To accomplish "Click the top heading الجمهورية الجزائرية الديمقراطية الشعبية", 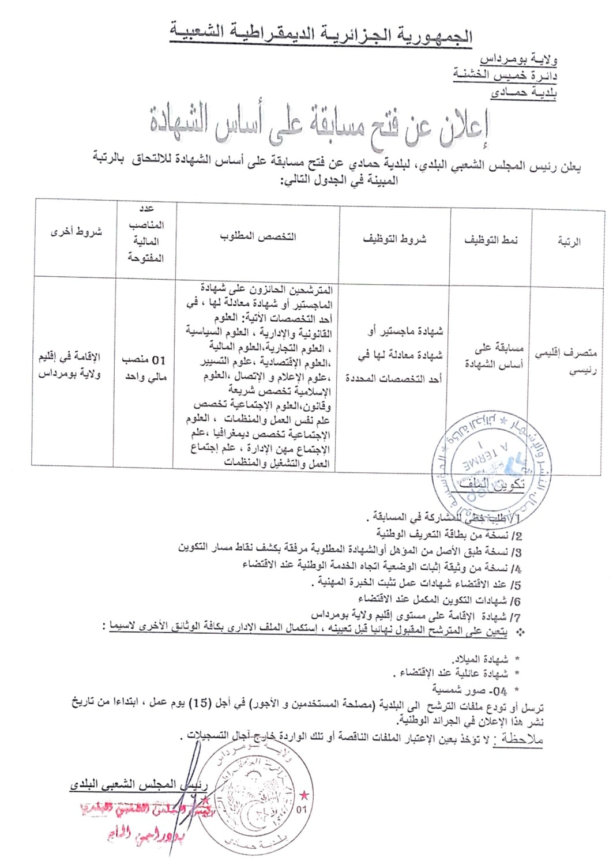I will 321,33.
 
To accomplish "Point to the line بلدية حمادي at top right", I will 524,92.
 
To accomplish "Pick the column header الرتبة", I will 569,242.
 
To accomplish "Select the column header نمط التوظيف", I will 491,240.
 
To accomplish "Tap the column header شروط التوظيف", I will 394,239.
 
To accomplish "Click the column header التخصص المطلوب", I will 257,236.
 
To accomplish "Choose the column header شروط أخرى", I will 76,232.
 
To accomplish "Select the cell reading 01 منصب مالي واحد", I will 144,368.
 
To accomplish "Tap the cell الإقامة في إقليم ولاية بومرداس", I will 69,365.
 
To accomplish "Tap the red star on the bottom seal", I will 304,797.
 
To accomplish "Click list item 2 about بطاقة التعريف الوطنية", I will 449,535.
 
